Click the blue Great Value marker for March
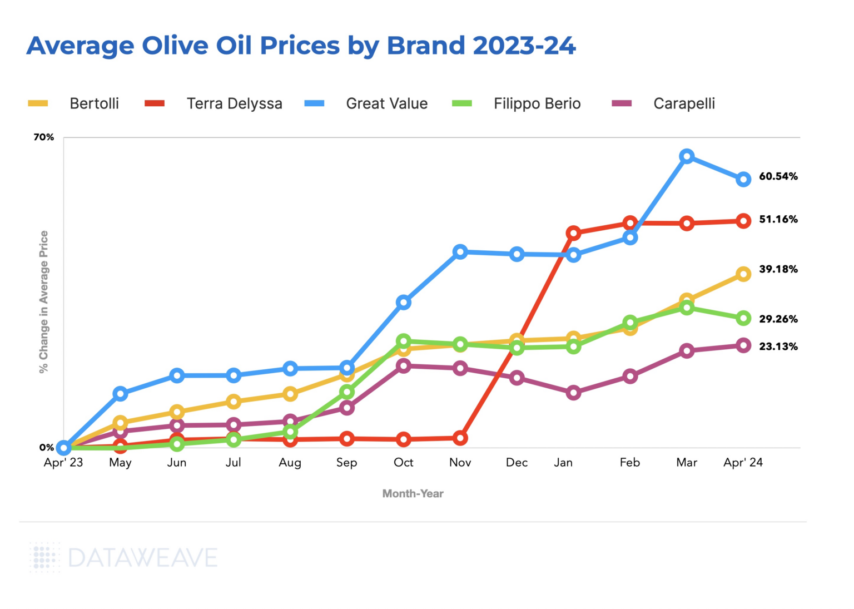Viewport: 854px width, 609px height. pyautogui.click(x=687, y=156)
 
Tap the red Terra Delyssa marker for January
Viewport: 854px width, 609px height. pyautogui.click(x=574, y=233)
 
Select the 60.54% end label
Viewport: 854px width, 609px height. pyautogui.click(x=778, y=176)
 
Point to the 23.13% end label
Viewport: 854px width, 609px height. pyautogui.click(x=778, y=346)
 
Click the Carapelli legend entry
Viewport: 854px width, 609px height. pyautogui.click(x=683, y=103)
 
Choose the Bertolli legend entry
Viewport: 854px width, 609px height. pyautogui.click(x=94, y=103)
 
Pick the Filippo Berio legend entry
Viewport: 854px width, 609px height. pyautogui.click(x=537, y=103)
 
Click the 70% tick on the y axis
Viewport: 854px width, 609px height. pyautogui.click(x=44, y=137)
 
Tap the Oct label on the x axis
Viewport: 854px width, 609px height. pyautogui.click(x=403, y=463)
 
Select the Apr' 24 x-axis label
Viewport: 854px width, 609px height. pyautogui.click(x=743, y=463)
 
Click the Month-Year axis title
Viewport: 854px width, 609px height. pyautogui.click(x=413, y=493)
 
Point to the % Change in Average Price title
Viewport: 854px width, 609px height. pyautogui.click(x=44, y=302)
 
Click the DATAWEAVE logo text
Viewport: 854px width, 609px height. pyautogui.click(x=142, y=558)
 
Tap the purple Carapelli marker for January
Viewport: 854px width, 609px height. pyautogui.click(x=574, y=393)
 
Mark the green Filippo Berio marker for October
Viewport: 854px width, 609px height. pyautogui.click(x=404, y=341)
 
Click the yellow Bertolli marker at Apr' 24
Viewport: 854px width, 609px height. pyautogui.click(x=743, y=274)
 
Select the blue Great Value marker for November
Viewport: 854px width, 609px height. pyautogui.click(x=460, y=252)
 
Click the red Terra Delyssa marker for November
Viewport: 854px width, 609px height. pyautogui.click(x=460, y=438)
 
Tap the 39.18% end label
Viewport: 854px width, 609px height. pyautogui.click(x=778, y=269)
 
